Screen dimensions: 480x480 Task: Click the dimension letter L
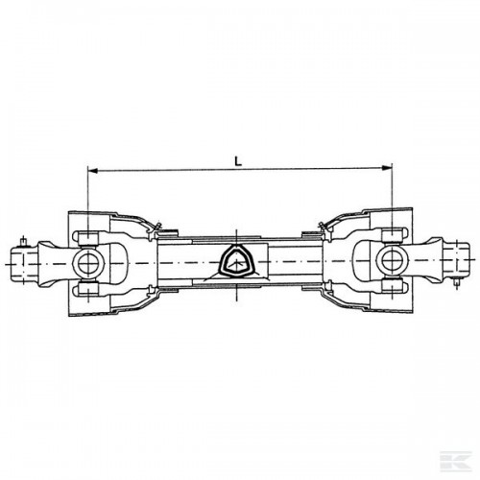click(x=238, y=161)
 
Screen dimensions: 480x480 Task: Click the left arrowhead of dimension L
click(x=92, y=171)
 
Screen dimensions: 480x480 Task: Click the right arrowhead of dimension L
click(x=388, y=168)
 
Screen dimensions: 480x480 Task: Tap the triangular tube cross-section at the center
click(x=236, y=258)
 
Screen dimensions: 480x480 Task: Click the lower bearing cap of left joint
click(x=88, y=289)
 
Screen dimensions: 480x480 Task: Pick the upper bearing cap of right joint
click(x=393, y=235)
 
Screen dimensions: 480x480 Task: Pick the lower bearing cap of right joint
click(x=393, y=285)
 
